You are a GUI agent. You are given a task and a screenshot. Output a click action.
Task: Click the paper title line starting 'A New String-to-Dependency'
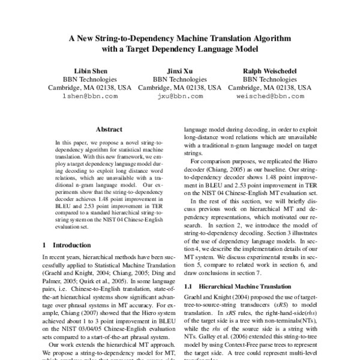(179, 37)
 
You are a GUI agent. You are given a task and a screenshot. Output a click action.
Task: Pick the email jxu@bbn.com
(180, 96)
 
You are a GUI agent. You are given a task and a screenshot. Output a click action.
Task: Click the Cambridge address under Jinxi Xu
(180, 88)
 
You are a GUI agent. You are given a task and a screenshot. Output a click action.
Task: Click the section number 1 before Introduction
(45, 245)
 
